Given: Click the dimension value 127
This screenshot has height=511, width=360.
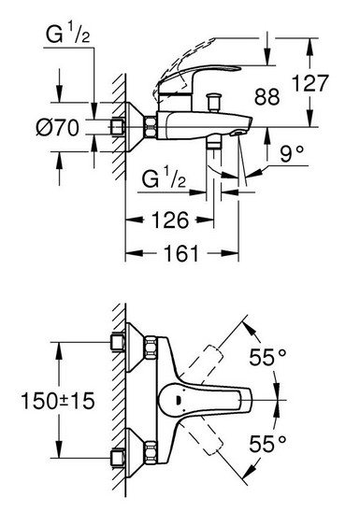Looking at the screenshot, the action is tap(310, 83).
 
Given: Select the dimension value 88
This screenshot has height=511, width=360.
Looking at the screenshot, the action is tap(267, 96).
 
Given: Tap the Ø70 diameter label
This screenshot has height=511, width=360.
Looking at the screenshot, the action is tap(57, 127).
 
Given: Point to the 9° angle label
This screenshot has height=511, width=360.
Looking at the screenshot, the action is tap(292, 154).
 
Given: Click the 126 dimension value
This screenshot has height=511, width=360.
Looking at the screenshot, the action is tap(170, 220).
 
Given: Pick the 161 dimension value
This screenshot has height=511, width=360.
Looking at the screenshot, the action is tap(181, 253).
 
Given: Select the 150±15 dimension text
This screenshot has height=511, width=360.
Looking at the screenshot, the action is tap(58, 401).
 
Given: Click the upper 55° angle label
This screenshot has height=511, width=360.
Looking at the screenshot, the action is tap(268, 357).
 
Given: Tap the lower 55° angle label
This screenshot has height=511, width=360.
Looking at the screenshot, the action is tap(268, 444).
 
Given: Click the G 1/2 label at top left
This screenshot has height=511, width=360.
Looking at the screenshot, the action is tap(68, 35).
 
